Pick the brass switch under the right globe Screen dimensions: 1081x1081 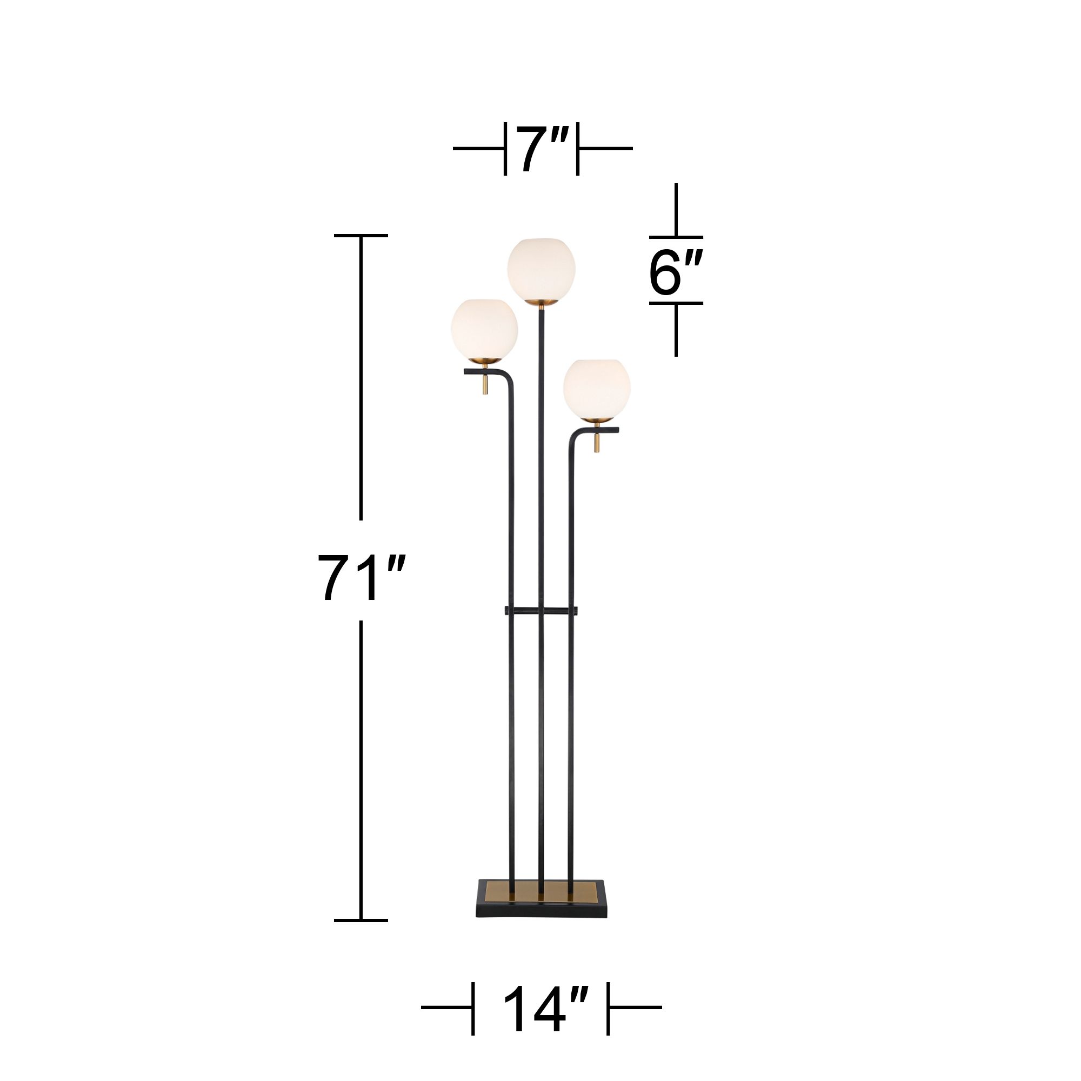pyautogui.click(x=597, y=446)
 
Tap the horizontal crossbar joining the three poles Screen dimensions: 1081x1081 pyautogui.click(x=541, y=609)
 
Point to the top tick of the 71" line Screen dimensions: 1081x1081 pyautogui.click(x=361, y=236)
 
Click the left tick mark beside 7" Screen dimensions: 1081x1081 pyautogui.click(x=505, y=149)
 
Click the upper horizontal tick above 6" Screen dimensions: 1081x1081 pyautogui.click(x=676, y=237)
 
